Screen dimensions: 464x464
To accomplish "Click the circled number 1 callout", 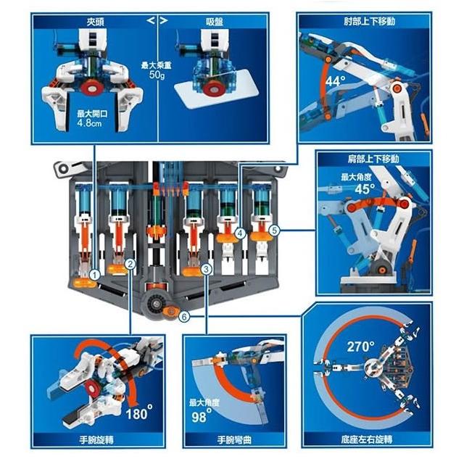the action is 95,275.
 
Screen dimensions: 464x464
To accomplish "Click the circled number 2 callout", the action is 130,264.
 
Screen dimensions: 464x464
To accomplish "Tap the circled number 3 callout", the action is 206,269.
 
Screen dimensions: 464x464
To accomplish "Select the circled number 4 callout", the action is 240,233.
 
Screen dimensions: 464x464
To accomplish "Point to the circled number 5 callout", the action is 274,231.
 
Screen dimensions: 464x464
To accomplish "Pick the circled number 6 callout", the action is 184,317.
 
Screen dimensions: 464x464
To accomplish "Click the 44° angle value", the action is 335,80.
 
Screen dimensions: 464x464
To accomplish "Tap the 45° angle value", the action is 365,188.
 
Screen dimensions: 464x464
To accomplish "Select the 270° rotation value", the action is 360,347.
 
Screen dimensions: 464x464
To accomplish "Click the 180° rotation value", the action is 139,412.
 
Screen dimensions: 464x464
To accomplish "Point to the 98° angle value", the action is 202,415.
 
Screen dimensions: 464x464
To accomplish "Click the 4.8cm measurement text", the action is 89,123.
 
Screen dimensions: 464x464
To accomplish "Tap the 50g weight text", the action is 157,75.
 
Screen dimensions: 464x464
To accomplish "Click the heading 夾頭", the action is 95,22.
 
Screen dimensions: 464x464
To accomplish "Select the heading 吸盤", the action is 214,22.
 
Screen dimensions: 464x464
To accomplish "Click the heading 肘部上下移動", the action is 369,21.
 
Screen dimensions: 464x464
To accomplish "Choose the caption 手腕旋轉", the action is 96,440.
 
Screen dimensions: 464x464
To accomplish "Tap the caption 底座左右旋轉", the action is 367,440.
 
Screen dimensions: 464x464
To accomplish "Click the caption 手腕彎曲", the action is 234,440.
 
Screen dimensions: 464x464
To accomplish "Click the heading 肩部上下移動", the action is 373,159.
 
